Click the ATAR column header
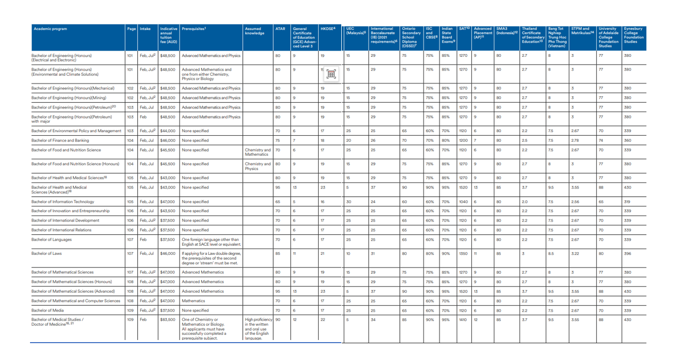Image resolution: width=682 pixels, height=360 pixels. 280,28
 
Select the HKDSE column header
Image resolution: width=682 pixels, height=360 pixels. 327,28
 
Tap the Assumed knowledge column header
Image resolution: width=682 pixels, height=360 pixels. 255,31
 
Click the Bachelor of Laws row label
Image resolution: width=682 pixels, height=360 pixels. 46,254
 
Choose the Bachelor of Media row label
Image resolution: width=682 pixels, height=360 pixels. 47,310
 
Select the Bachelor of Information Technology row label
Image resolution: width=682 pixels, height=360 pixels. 63,202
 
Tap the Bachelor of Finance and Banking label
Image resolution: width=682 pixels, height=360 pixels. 60,141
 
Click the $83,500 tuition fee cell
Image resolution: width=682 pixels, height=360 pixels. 167,319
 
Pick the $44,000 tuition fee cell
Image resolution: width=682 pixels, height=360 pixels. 167,131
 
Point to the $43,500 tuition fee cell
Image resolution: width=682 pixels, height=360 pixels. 167,211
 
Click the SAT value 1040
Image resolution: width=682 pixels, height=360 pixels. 463,202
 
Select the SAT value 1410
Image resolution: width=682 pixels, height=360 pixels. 463,319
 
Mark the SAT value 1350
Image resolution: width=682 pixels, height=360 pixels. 463,254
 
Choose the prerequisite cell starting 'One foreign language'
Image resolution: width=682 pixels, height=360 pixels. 211,242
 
